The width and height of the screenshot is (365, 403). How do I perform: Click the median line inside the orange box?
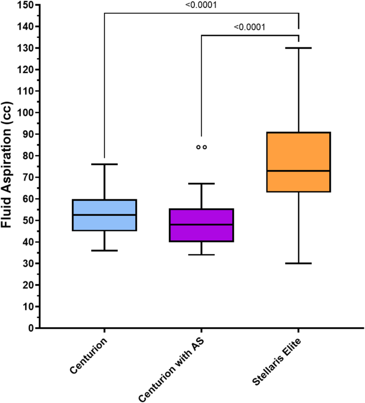(x=298, y=171)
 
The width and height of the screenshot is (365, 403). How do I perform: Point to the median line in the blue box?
(x=104, y=215)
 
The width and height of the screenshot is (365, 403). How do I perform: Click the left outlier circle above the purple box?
(x=198, y=147)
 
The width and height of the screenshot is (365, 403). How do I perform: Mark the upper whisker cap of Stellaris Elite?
(x=298, y=48)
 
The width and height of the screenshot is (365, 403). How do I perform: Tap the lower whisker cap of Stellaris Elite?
(x=298, y=263)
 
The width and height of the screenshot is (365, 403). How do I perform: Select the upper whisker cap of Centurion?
(x=104, y=164)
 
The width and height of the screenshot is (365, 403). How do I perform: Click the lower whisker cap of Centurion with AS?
(x=201, y=255)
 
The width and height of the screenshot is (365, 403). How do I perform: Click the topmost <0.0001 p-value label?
(x=201, y=5)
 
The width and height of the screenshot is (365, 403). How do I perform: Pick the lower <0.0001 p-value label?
(x=250, y=27)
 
